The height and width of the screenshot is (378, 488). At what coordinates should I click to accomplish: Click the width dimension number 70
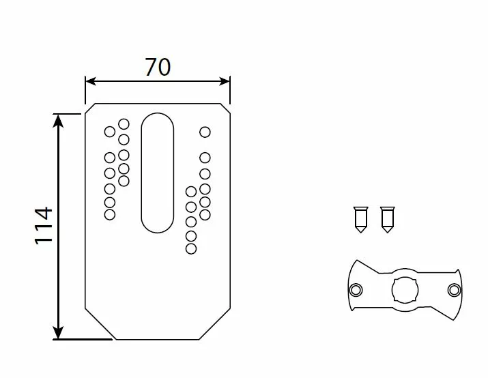[158, 67]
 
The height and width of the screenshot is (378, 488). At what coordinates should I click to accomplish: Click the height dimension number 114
[43, 226]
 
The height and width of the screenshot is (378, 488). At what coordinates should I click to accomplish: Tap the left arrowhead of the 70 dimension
[90, 81]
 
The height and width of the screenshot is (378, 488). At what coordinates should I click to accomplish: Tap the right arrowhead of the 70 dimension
[225, 81]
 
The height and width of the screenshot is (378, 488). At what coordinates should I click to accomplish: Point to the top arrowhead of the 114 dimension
[58, 120]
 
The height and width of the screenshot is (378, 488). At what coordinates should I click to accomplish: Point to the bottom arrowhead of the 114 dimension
[58, 333]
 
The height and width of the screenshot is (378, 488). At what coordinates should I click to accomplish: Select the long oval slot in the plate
[158, 173]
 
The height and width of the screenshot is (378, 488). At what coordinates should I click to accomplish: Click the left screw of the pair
[360, 220]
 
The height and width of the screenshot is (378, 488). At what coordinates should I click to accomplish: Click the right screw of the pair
[388, 220]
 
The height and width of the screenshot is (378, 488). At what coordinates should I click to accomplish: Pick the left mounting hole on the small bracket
[356, 290]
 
